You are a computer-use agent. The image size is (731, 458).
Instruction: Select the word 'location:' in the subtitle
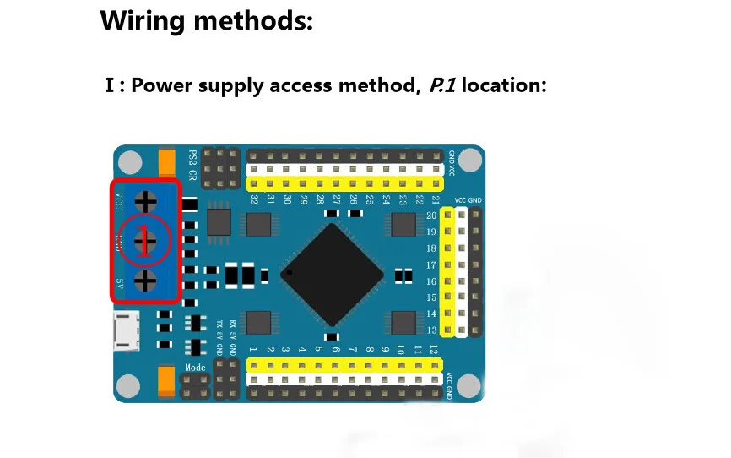[x=504, y=85]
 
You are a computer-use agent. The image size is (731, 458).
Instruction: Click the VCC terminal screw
[x=146, y=201]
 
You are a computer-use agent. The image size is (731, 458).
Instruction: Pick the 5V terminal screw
[x=146, y=281]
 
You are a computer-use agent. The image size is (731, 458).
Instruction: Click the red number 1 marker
[x=146, y=241]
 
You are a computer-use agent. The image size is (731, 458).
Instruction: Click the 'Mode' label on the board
[x=195, y=368]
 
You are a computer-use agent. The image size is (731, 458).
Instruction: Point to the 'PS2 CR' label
[x=192, y=165]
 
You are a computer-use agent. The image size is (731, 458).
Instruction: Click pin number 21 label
[x=436, y=199]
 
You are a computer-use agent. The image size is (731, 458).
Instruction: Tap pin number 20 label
[x=431, y=215]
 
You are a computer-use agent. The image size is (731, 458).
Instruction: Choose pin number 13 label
[x=431, y=330]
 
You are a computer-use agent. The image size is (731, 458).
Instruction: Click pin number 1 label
[x=253, y=349]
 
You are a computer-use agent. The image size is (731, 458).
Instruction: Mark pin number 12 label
[x=434, y=349]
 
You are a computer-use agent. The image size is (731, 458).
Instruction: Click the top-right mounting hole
[x=470, y=160]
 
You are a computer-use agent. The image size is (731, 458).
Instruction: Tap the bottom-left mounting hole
[x=127, y=385]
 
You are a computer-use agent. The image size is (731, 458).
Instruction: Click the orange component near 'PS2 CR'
[x=167, y=161]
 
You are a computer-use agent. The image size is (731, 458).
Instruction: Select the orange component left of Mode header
[x=167, y=382]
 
